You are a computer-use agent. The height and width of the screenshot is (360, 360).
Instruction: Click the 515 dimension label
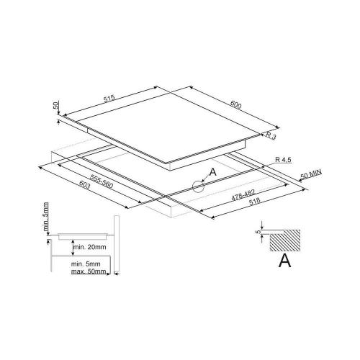pyautogui.click(x=109, y=99)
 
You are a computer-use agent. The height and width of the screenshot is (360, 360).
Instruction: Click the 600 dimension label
pyautogui.click(x=235, y=104)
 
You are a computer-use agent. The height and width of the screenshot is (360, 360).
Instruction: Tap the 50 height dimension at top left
pyautogui.click(x=55, y=105)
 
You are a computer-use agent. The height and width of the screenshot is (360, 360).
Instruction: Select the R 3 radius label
pyautogui.click(x=271, y=135)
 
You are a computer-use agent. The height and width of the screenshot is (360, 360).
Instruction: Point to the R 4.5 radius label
pyautogui.click(x=283, y=160)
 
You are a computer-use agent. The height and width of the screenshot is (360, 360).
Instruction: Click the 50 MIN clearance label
pyautogui.click(x=311, y=174)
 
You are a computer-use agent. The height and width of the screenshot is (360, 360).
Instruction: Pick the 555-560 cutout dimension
pyautogui.click(x=102, y=181)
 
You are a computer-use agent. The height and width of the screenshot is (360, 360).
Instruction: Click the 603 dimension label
pyautogui.click(x=84, y=185)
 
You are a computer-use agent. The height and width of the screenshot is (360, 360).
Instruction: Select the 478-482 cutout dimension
pyautogui.click(x=243, y=194)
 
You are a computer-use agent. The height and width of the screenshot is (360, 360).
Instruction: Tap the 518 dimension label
pyautogui.click(x=254, y=202)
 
